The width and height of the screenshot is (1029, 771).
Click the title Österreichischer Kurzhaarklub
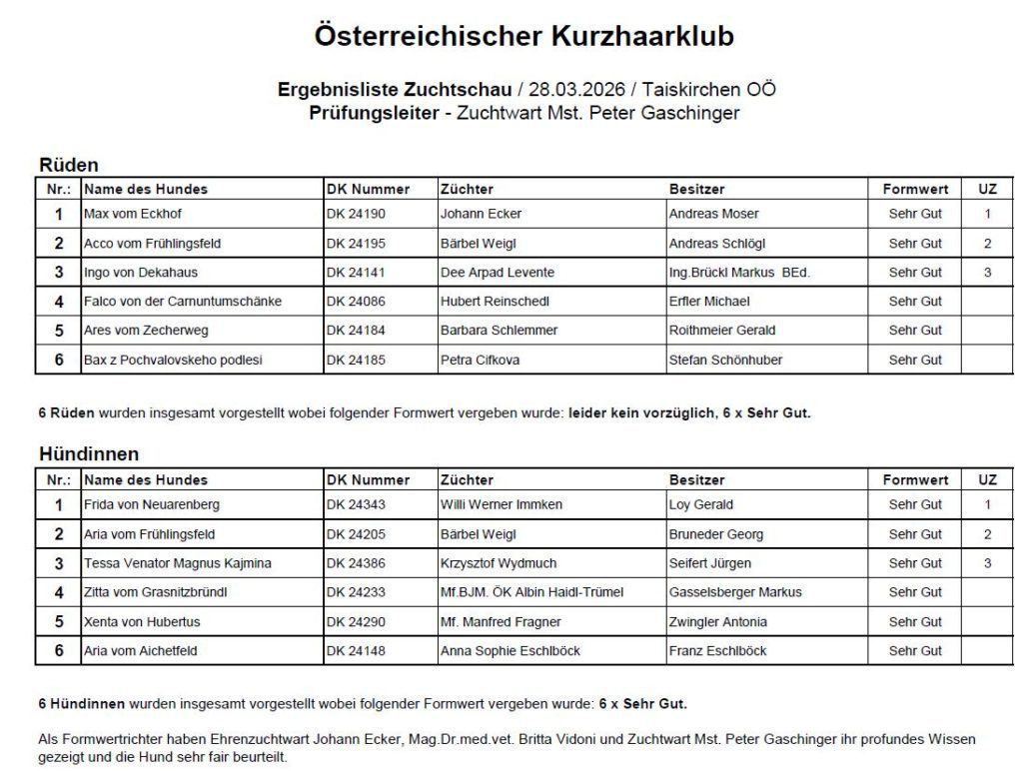pyautogui.click(x=523, y=37)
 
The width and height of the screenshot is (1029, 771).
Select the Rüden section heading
pyautogui.click(x=68, y=165)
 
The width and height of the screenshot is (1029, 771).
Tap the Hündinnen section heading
pyautogui.click(x=89, y=454)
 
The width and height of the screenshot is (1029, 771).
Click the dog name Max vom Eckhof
pyautogui.click(x=133, y=214)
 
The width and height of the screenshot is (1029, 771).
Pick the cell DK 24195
pyautogui.click(x=356, y=243)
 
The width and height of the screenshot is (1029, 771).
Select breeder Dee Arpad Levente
pyautogui.click(x=497, y=272)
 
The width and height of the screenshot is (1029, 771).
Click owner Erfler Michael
pyautogui.click(x=708, y=301)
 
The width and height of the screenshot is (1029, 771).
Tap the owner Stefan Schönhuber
pyautogui.click(x=725, y=360)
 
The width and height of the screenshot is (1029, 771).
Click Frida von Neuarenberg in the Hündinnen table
pyautogui.click(x=151, y=504)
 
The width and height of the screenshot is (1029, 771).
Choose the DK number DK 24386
pyautogui.click(x=356, y=563)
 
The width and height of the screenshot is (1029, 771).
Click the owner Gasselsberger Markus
pyautogui.click(x=735, y=592)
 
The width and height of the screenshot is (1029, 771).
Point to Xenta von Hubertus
pyautogui.click(x=142, y=621)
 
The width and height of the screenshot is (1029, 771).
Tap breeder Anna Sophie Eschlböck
pyautogui.click(x=510, y=651)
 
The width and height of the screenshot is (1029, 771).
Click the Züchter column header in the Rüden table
pyautogui.click(x=467, y=189)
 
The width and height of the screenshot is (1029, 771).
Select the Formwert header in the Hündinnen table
pyautogui.click(x=915, y=479)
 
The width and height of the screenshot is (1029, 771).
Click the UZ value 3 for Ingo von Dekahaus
pyautogui.click(x=987, y=272)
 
